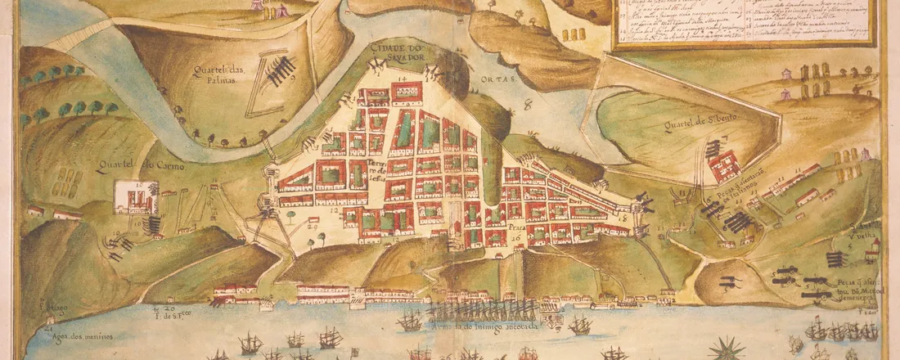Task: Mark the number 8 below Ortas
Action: coord(528,105)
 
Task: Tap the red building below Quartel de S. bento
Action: coord(725,167)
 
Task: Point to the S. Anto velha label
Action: coord(864,231)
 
